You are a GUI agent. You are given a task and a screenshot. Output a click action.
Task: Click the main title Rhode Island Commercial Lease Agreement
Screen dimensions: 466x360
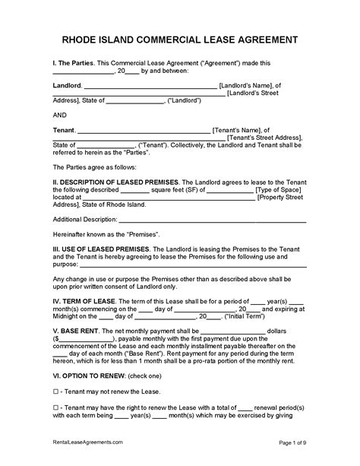pos(180,39)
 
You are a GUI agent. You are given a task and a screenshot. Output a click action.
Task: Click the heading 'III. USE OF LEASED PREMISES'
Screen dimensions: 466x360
pos(101,248)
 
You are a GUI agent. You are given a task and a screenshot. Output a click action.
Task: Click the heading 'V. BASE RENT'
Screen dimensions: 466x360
pos(74,331)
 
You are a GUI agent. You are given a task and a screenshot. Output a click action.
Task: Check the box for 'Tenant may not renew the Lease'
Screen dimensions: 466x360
pos(55,392)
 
